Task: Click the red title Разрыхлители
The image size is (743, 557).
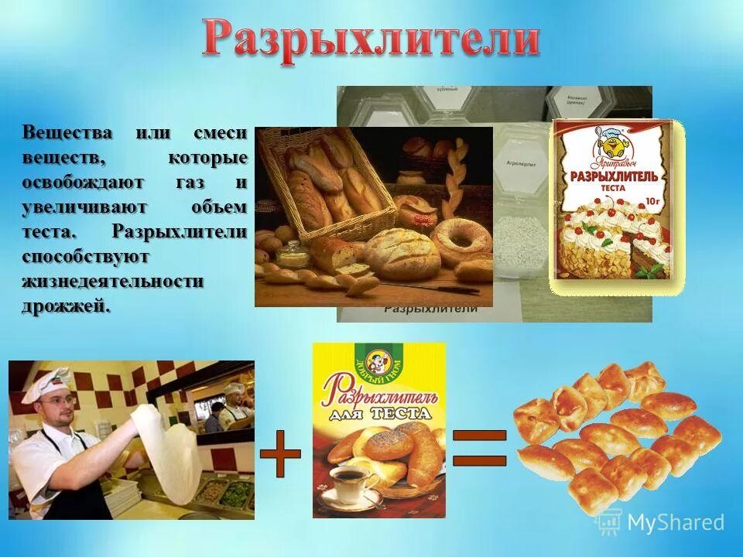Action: click(371, 39)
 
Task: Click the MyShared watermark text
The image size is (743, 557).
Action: click(675, 522)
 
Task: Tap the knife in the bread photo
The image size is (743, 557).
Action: click(433, 289)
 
